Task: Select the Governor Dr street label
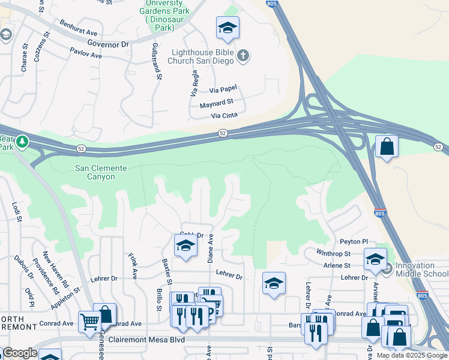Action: (108, 44)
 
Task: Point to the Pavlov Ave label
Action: (85, 54)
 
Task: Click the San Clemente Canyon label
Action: (101, 169)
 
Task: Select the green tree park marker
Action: (22, 142)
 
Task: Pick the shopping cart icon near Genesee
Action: (89, 322)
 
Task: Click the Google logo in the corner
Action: (20, 353)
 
